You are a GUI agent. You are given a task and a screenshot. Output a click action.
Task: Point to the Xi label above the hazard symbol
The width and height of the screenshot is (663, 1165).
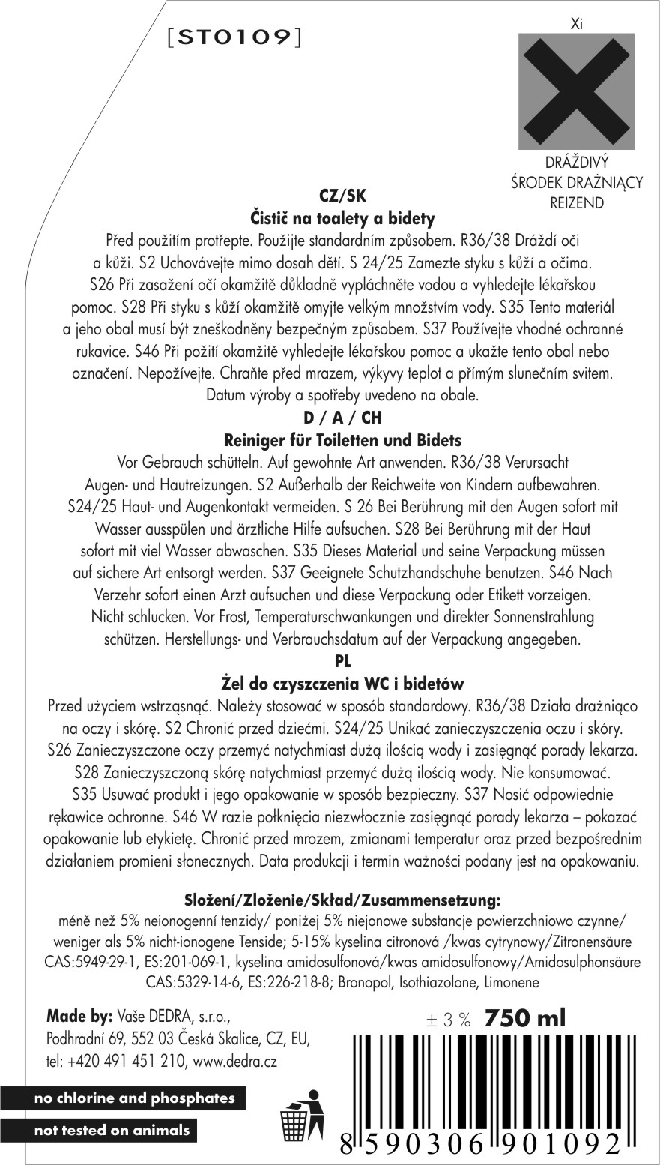pyautogui.click(x=576, y=25)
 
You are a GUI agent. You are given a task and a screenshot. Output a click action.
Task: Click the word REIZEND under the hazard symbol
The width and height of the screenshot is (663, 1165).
pyautogui.click(x=576, y=202)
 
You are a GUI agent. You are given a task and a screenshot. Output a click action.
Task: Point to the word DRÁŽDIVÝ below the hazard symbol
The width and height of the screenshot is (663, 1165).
pyautogui.click(x=576, y=163)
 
